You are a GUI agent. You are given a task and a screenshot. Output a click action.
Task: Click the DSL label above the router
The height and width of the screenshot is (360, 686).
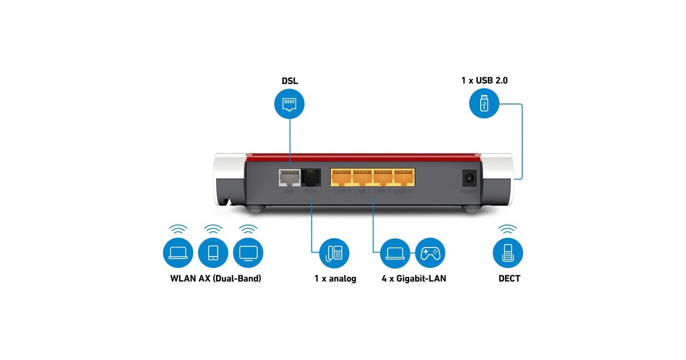289,82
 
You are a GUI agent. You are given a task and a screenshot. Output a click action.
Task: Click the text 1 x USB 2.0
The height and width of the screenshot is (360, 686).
484,81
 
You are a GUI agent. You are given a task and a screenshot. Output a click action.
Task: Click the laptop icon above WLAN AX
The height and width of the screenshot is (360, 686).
178,253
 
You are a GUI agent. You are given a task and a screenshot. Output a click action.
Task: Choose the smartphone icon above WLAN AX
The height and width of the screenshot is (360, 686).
213,253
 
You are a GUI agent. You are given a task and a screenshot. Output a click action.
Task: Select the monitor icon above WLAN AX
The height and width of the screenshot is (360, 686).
248,253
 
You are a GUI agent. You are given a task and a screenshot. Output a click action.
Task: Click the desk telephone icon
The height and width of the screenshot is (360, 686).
335,253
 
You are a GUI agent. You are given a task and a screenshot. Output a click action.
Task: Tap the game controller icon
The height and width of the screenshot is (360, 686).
430,253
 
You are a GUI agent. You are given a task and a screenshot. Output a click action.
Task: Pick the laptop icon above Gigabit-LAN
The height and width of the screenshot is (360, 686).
396,253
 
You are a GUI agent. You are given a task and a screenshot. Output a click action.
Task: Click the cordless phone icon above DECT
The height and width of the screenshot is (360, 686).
508,253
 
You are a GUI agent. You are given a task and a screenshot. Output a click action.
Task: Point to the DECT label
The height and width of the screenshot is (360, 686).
508,279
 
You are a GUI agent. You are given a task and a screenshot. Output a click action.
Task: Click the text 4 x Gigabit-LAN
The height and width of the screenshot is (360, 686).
414,279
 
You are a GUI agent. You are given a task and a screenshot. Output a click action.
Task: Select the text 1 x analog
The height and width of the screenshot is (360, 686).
335,279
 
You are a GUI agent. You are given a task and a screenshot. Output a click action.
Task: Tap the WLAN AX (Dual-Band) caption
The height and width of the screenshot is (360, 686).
216,279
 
